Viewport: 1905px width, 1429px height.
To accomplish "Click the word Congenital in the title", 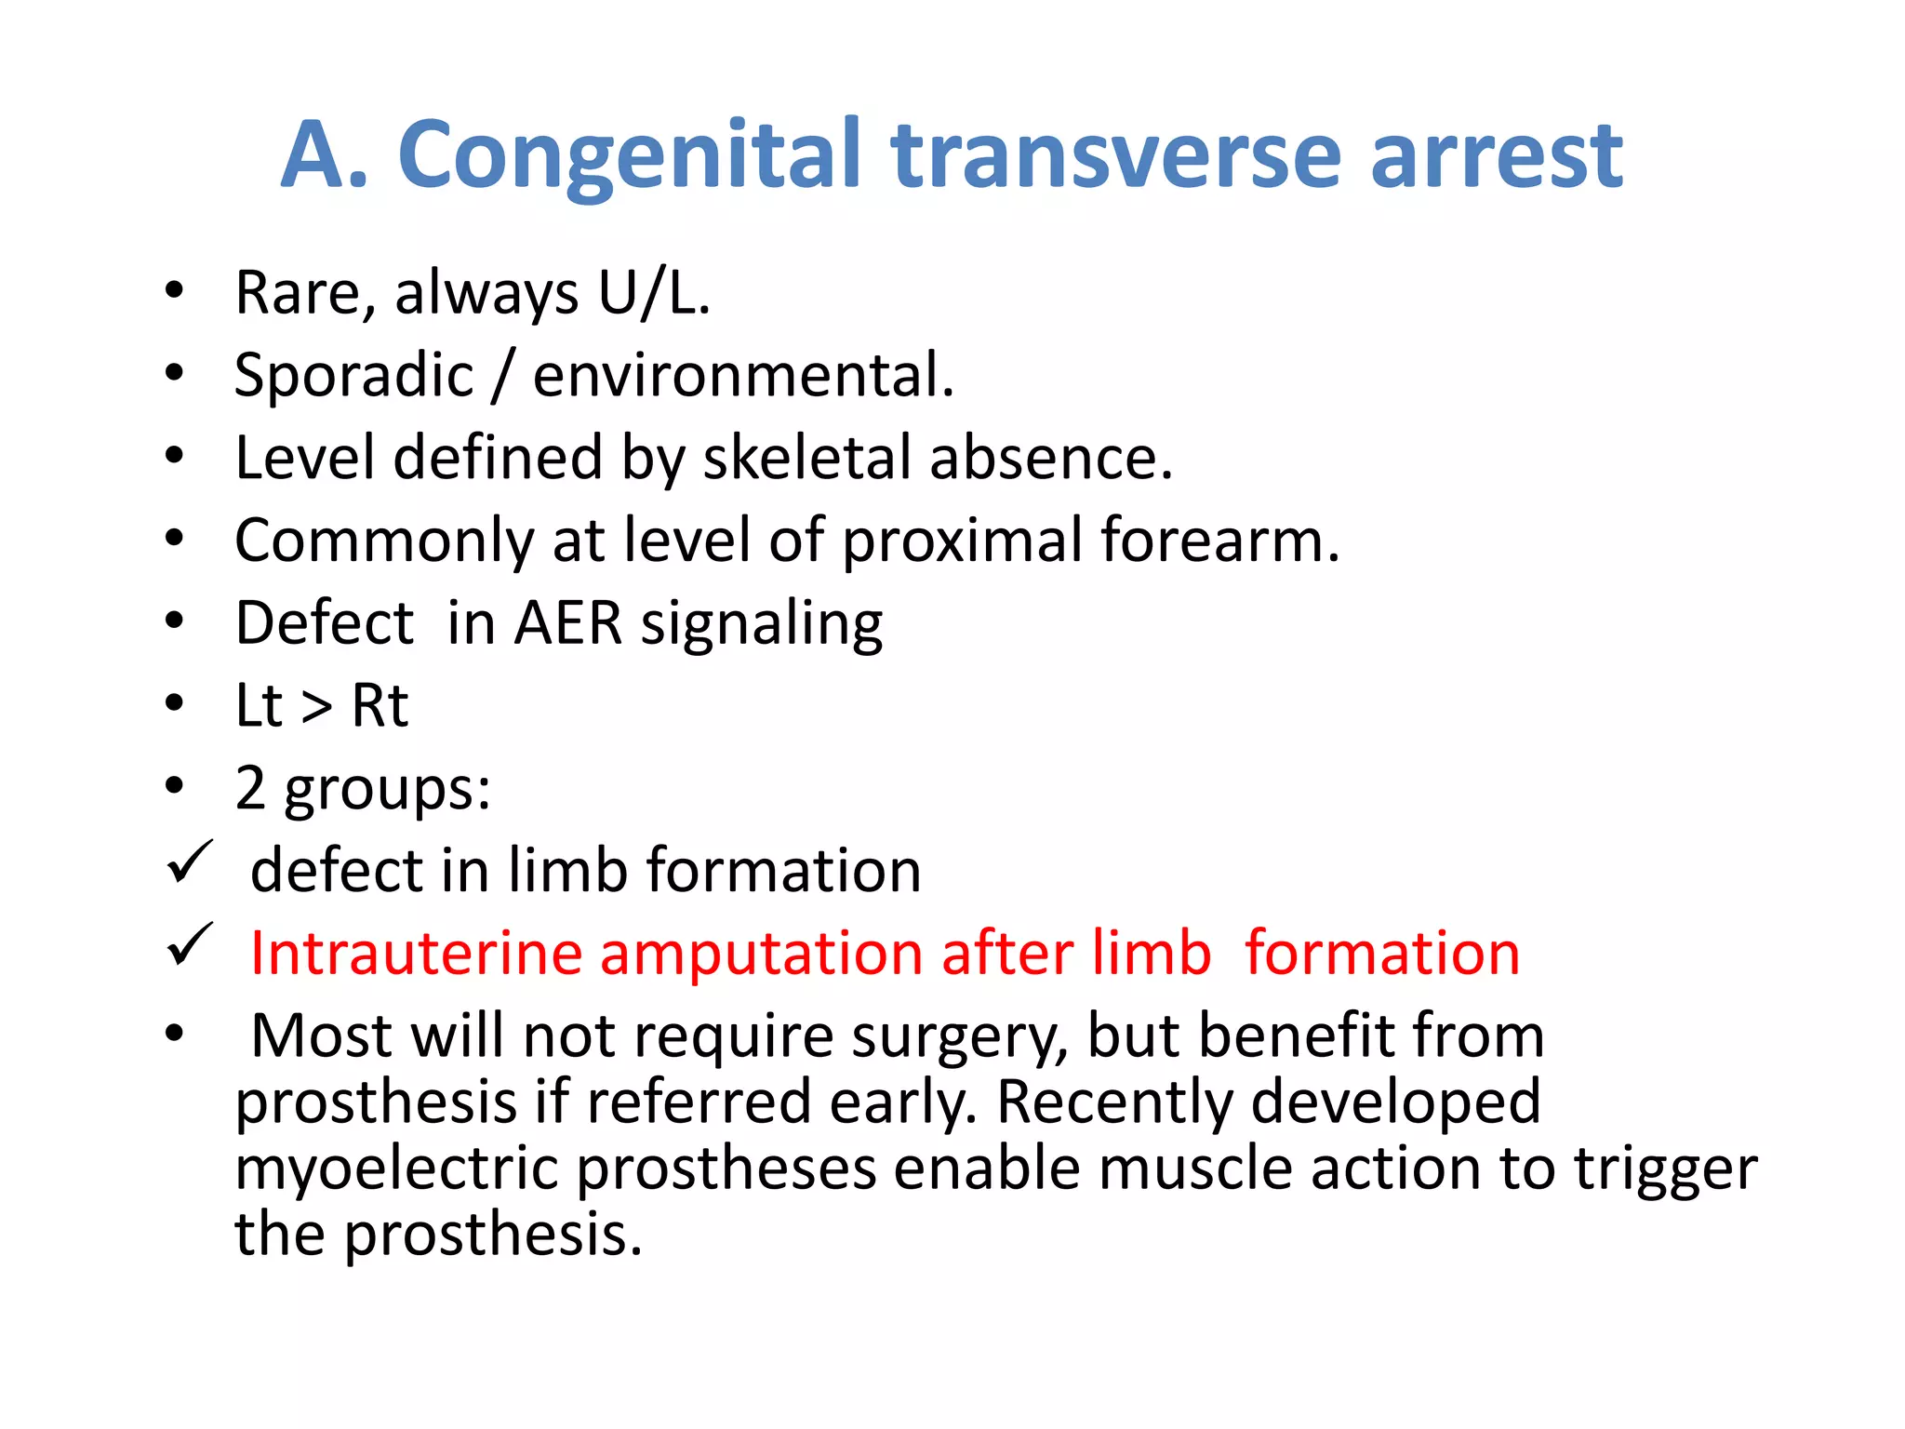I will pos(629,156).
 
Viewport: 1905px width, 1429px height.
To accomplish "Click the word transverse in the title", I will pos(1115,156).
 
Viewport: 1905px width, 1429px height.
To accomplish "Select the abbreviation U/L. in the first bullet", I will pos(654,293).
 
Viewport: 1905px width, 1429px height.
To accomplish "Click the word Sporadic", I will pos(354,376).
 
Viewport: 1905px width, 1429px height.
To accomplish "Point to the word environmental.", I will pos(743,376).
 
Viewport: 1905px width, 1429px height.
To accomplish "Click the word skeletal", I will pos(806,458).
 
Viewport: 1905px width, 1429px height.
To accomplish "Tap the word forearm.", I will pos(1219,540).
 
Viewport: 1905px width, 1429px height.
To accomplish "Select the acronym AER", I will pos(568,622).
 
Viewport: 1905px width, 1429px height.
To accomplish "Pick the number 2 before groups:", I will pos(250,788).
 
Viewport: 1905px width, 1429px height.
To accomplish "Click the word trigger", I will pos(1665,1169).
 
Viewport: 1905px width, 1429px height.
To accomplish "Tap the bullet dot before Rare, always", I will pos(174,292).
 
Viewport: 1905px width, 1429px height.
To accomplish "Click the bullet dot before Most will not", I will pos(174,1034).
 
